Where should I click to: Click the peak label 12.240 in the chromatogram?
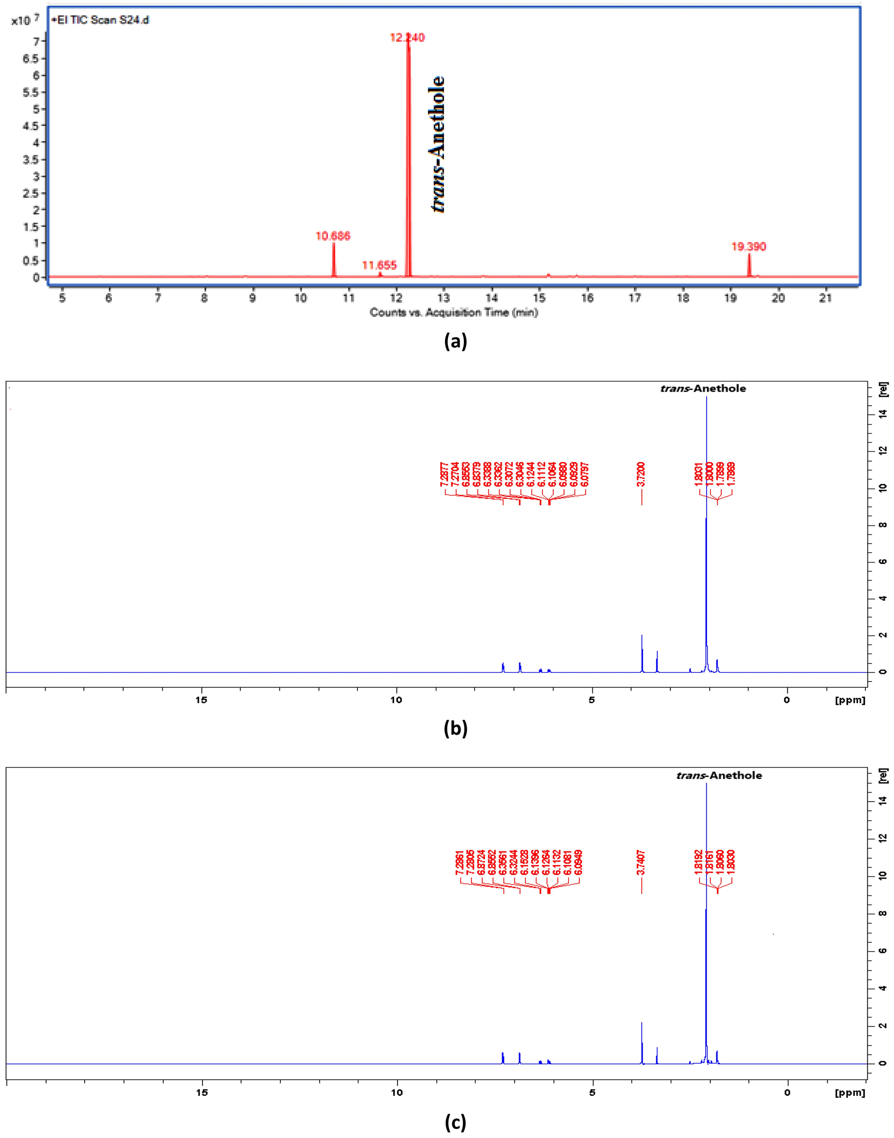(x=407, y=38)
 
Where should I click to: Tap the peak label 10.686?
(x=333, y=236)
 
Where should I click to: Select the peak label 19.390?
(x=749, y=246)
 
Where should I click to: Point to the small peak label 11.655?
(x=380, y=265)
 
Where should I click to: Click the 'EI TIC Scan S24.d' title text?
(x=102, y=20)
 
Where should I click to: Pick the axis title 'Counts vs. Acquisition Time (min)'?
(x=454, y=312)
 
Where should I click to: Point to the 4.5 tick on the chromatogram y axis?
(x=31, y=125)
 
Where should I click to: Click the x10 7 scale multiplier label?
(x=25, y=20)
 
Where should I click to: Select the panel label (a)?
(x=455, y=341)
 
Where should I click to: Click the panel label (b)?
(x=455, y=728)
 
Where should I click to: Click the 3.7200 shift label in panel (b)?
(x=641, y=474)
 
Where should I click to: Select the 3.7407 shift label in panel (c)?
(x=642, y=864)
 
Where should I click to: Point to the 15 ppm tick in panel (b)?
(x=201, y=700)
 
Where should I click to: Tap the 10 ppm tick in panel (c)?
(x=397, y=1092)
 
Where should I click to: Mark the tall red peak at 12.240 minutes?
(x=408, y=157)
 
